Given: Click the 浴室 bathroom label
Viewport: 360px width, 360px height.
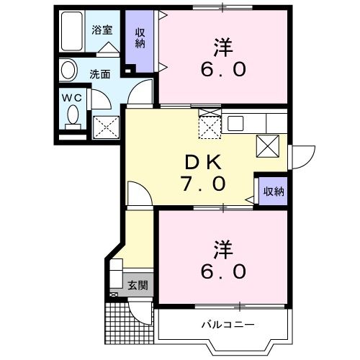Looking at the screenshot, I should coord(101,30).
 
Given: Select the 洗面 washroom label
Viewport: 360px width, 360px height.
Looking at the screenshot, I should coord(99,73).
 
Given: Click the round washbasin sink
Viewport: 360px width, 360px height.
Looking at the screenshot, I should coord(68,71).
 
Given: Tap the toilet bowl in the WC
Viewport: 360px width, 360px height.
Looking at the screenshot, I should coord(72,114).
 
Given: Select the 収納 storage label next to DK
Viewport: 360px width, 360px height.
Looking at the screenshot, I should coord(274,191).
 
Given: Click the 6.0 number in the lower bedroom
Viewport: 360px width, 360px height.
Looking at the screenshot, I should coord(223,271).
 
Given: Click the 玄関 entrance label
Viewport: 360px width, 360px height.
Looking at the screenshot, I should coord(138,285).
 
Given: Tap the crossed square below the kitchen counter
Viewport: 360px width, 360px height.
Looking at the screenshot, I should coord(268,146).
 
